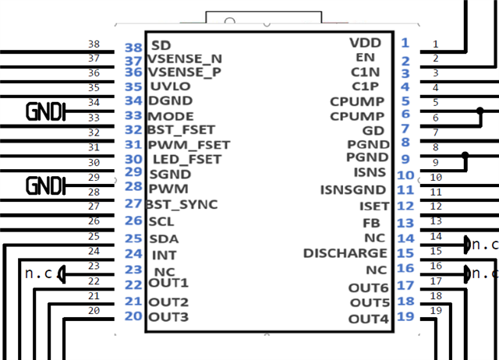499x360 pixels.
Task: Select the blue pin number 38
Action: (x=133, y=48)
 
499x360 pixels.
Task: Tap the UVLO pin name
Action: (x=169, y=86)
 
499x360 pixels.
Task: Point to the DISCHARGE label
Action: (x=345, y=253)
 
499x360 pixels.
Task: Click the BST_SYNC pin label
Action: (x=182, y=204)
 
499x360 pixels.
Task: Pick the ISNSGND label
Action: (x=352, y=189)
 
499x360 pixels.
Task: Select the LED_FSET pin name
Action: (x=187, y=159)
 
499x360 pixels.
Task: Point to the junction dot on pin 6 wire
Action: (x=480, y=114)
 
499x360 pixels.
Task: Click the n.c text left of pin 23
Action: (x=38, y=274)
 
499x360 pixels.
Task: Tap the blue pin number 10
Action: (x=405, y=176)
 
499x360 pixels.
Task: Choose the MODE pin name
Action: (x=171, y=116)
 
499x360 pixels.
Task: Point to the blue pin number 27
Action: (x=133, y=204)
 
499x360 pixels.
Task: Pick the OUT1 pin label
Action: (x=168, y=282)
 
